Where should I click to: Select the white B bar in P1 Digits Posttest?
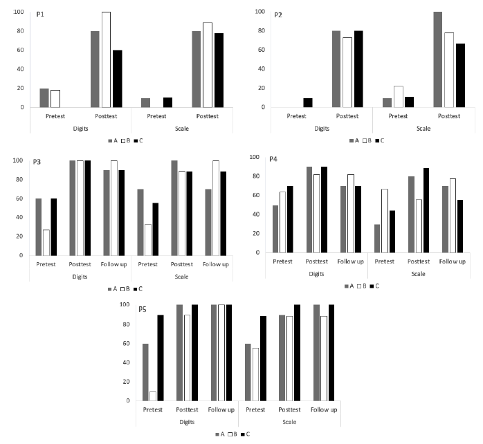[105, 59]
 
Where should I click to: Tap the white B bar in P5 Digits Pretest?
[152, 396]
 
